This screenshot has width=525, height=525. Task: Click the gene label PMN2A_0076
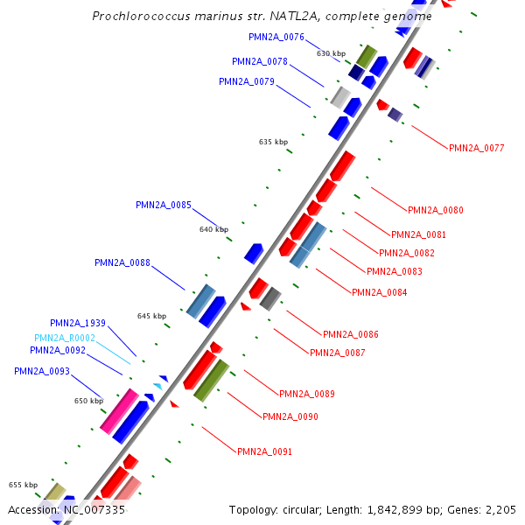tap(276, 38)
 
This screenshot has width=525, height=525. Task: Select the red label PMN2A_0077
tap(476, 149)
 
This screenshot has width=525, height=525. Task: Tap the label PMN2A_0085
tap(164, 206)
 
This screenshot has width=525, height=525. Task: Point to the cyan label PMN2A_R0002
tap(65, 338)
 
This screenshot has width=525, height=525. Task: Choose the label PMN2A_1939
tap(78, 324)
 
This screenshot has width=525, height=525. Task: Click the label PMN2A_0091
tap(264, 452)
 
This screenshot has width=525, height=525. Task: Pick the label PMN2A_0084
tap(379, 292)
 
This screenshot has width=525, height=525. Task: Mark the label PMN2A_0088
tap(122, 262)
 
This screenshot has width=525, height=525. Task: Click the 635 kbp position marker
tap(273, 142)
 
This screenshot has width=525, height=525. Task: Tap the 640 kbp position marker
tap(213, 229)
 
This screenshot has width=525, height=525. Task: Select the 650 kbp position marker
tap(88, 401)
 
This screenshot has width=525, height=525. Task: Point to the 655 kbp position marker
tap(23, 485)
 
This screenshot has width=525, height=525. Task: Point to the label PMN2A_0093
tap(41, 372)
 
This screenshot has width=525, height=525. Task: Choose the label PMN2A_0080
tap(436, 210)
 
